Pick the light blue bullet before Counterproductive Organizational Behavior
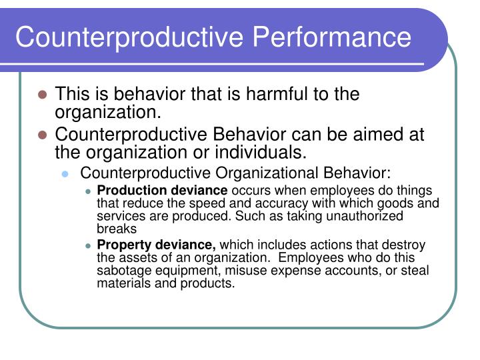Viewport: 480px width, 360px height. tap(65, 174)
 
